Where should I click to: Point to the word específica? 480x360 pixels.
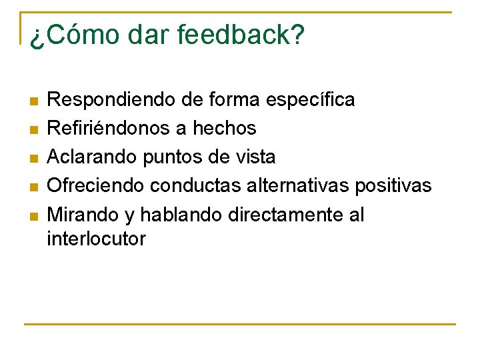point(310,101)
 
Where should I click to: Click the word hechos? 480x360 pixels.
point(224,128)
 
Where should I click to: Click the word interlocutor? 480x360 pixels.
point(96,239)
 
